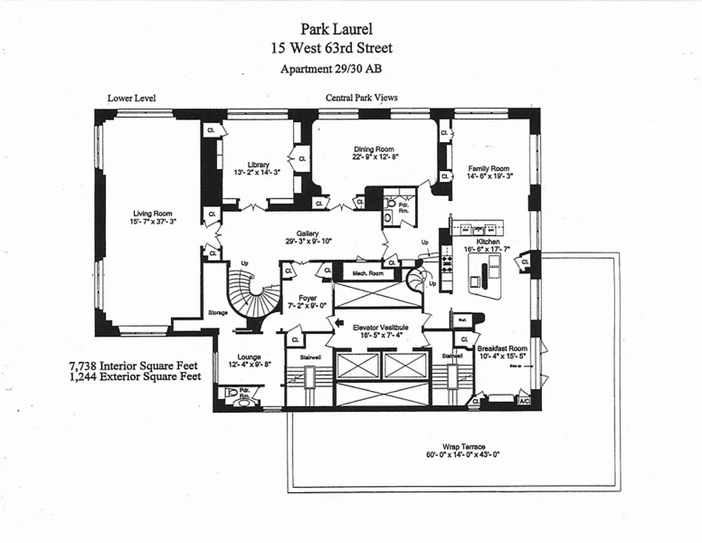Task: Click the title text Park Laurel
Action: click(336, 29)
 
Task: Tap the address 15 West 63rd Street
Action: click(331, 48)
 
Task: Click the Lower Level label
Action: click(132, 98)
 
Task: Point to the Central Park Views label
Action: click(362, 98)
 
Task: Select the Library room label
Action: click(258, 165)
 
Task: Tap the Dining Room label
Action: click(373, 149)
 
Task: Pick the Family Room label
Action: click(488, 168)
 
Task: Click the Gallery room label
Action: click(307, 233)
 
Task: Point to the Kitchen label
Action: click(488, 242)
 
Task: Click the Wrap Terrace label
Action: click(464, 447)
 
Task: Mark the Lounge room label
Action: click(249, 357)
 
